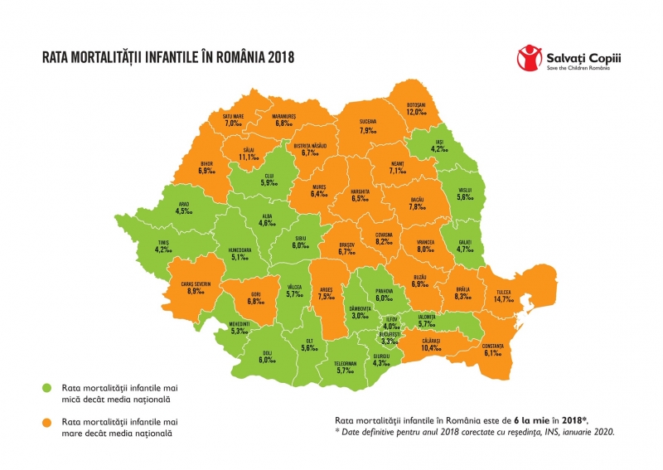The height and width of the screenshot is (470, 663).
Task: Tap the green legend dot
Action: click(49, 386)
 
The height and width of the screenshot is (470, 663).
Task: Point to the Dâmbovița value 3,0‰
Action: click(359, 316)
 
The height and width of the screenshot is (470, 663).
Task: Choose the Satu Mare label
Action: click(233, 116)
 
